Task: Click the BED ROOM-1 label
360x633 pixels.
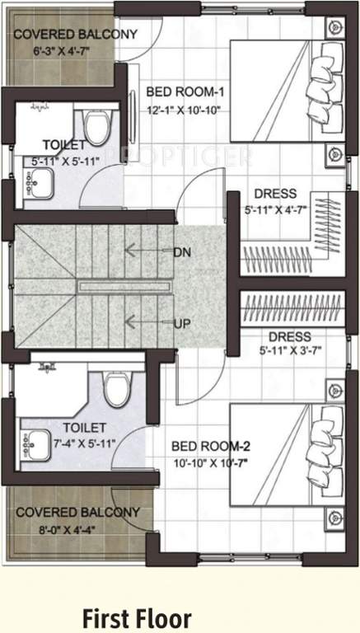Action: click(x=185, y=91)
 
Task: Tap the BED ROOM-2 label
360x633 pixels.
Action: click(x=211, y=446)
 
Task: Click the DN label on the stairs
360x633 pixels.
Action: click(x=182, y=251)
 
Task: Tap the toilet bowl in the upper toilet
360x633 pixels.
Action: click(x=97, y=127)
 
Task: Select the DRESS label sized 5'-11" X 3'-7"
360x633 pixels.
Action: click(x=289, y=337)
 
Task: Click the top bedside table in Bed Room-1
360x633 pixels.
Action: click(x=334, y=26)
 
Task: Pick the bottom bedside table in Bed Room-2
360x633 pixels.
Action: click(x=334, y=518)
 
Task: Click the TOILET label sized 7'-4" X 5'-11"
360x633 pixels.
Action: click(x=84, y=428)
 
